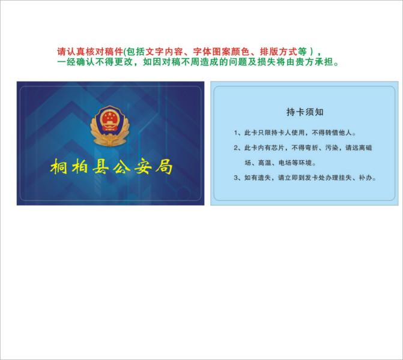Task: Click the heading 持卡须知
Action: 305,112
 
